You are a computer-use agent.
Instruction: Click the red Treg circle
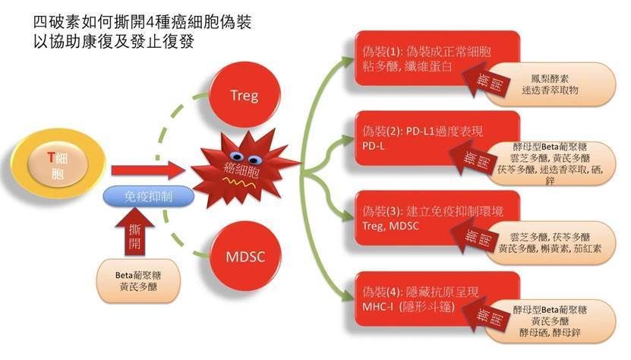coord(244,96)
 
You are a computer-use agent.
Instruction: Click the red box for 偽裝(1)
coord(425,57)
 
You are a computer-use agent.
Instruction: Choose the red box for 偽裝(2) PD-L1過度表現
coord(425,136)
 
